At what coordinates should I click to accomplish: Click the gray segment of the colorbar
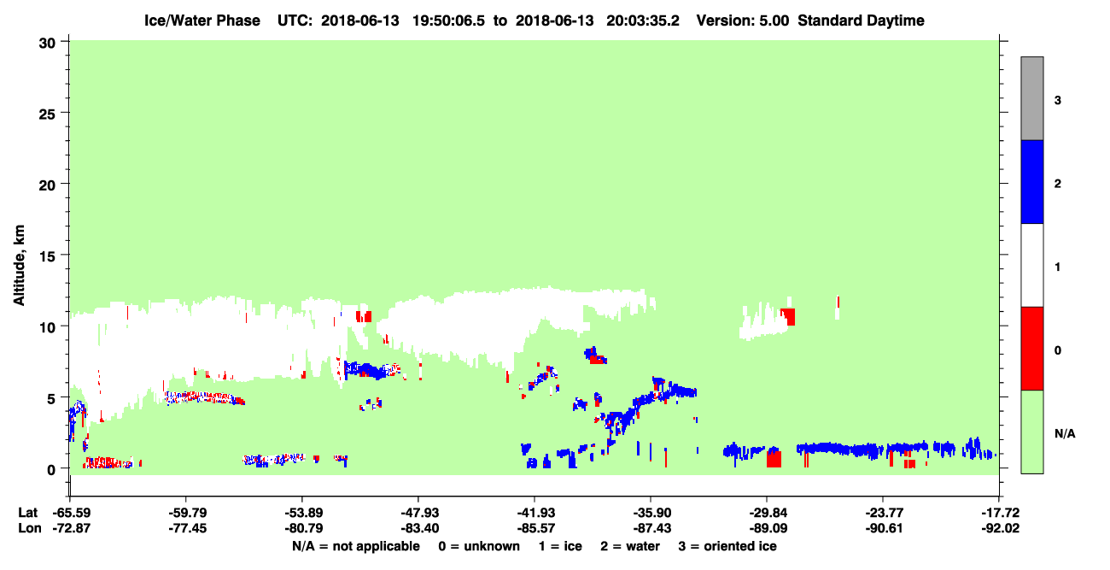click(1032, 98)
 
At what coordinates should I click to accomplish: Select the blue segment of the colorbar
click(1032, 181)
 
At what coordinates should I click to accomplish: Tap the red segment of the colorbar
click(1032, 349)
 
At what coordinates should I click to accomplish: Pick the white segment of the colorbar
click(1032, 266)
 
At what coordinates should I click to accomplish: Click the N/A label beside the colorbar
click(1065, 433)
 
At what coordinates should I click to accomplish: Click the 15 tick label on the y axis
click(47, 256)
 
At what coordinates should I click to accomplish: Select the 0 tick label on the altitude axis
click(51, 469)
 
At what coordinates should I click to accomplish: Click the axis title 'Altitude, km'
click(19, 266)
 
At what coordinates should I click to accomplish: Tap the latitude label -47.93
click(418, 513)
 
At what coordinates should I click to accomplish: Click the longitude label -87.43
click(651, 528)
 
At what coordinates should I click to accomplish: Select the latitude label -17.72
click(1000, 513)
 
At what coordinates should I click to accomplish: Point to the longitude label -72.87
click(72, 528)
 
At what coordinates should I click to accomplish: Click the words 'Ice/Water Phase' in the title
click(202, 21)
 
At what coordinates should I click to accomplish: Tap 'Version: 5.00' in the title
click(743, 21)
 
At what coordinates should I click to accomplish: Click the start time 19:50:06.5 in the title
click(448, 21)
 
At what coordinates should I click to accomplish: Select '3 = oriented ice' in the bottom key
click(727, 546)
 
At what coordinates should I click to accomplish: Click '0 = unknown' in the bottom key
click(479, 546)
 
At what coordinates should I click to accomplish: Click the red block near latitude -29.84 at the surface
click(774, 459)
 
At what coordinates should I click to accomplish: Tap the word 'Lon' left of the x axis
click(30, 528)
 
